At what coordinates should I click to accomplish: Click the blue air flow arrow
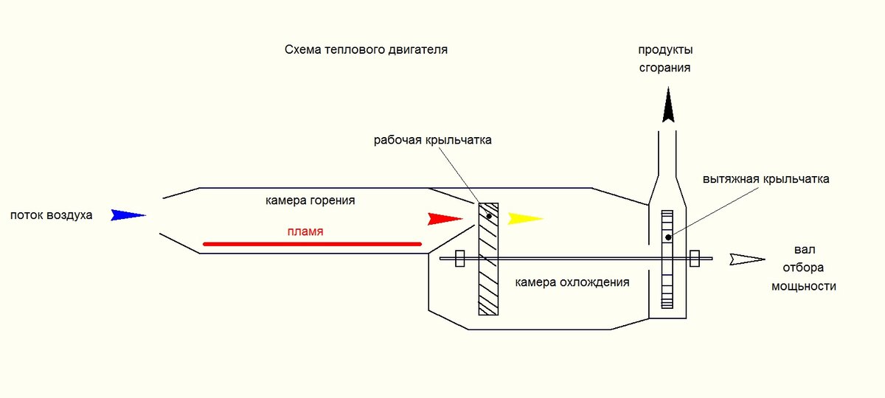point(127,215)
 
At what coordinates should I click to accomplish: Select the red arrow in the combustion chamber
point(445,219)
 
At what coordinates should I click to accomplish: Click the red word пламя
point(305,231)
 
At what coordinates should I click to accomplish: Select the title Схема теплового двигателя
point(367,50)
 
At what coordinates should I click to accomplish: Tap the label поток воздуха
point(51,216)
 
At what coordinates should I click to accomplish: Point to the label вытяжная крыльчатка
point(766,179)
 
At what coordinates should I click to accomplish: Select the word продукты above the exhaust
point(666,50)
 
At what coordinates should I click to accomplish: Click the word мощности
point(804,286)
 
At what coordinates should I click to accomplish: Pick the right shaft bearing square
point(695,259)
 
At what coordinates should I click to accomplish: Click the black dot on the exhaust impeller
point(667,237)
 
